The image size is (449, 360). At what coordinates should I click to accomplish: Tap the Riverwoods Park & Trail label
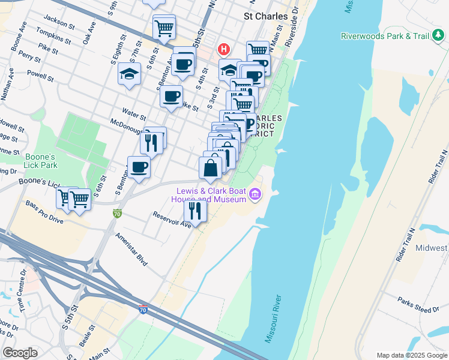pyautogui.click(x=385, y=36)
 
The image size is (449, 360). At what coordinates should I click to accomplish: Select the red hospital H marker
pyautogui.click(x=224, y=48)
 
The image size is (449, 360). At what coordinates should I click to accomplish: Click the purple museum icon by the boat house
pyautogui.click(x=255, y=194)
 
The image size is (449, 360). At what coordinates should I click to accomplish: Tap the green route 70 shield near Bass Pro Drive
pyautogui.click(x=118, y=212)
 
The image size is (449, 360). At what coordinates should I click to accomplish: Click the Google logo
pyautogui.click(x=20, y=353)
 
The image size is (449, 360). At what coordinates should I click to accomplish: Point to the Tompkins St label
pyautogui.click(x=55, y=36)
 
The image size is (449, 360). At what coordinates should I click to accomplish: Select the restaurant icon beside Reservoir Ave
pyautogui.click(x=195, y=210)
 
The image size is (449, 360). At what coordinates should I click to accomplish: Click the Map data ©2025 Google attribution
pyautogui.click(x=411, y=355)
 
